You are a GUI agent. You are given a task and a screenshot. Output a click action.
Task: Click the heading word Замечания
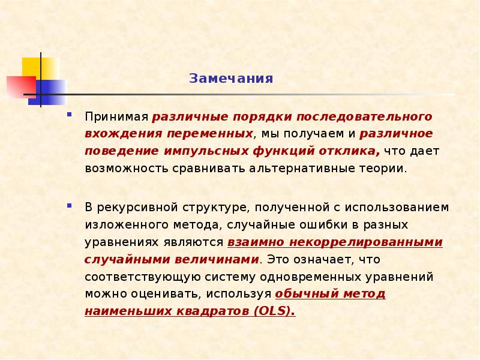click(231, 79)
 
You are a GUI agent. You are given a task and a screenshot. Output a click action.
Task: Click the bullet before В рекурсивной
click(70, 206)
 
